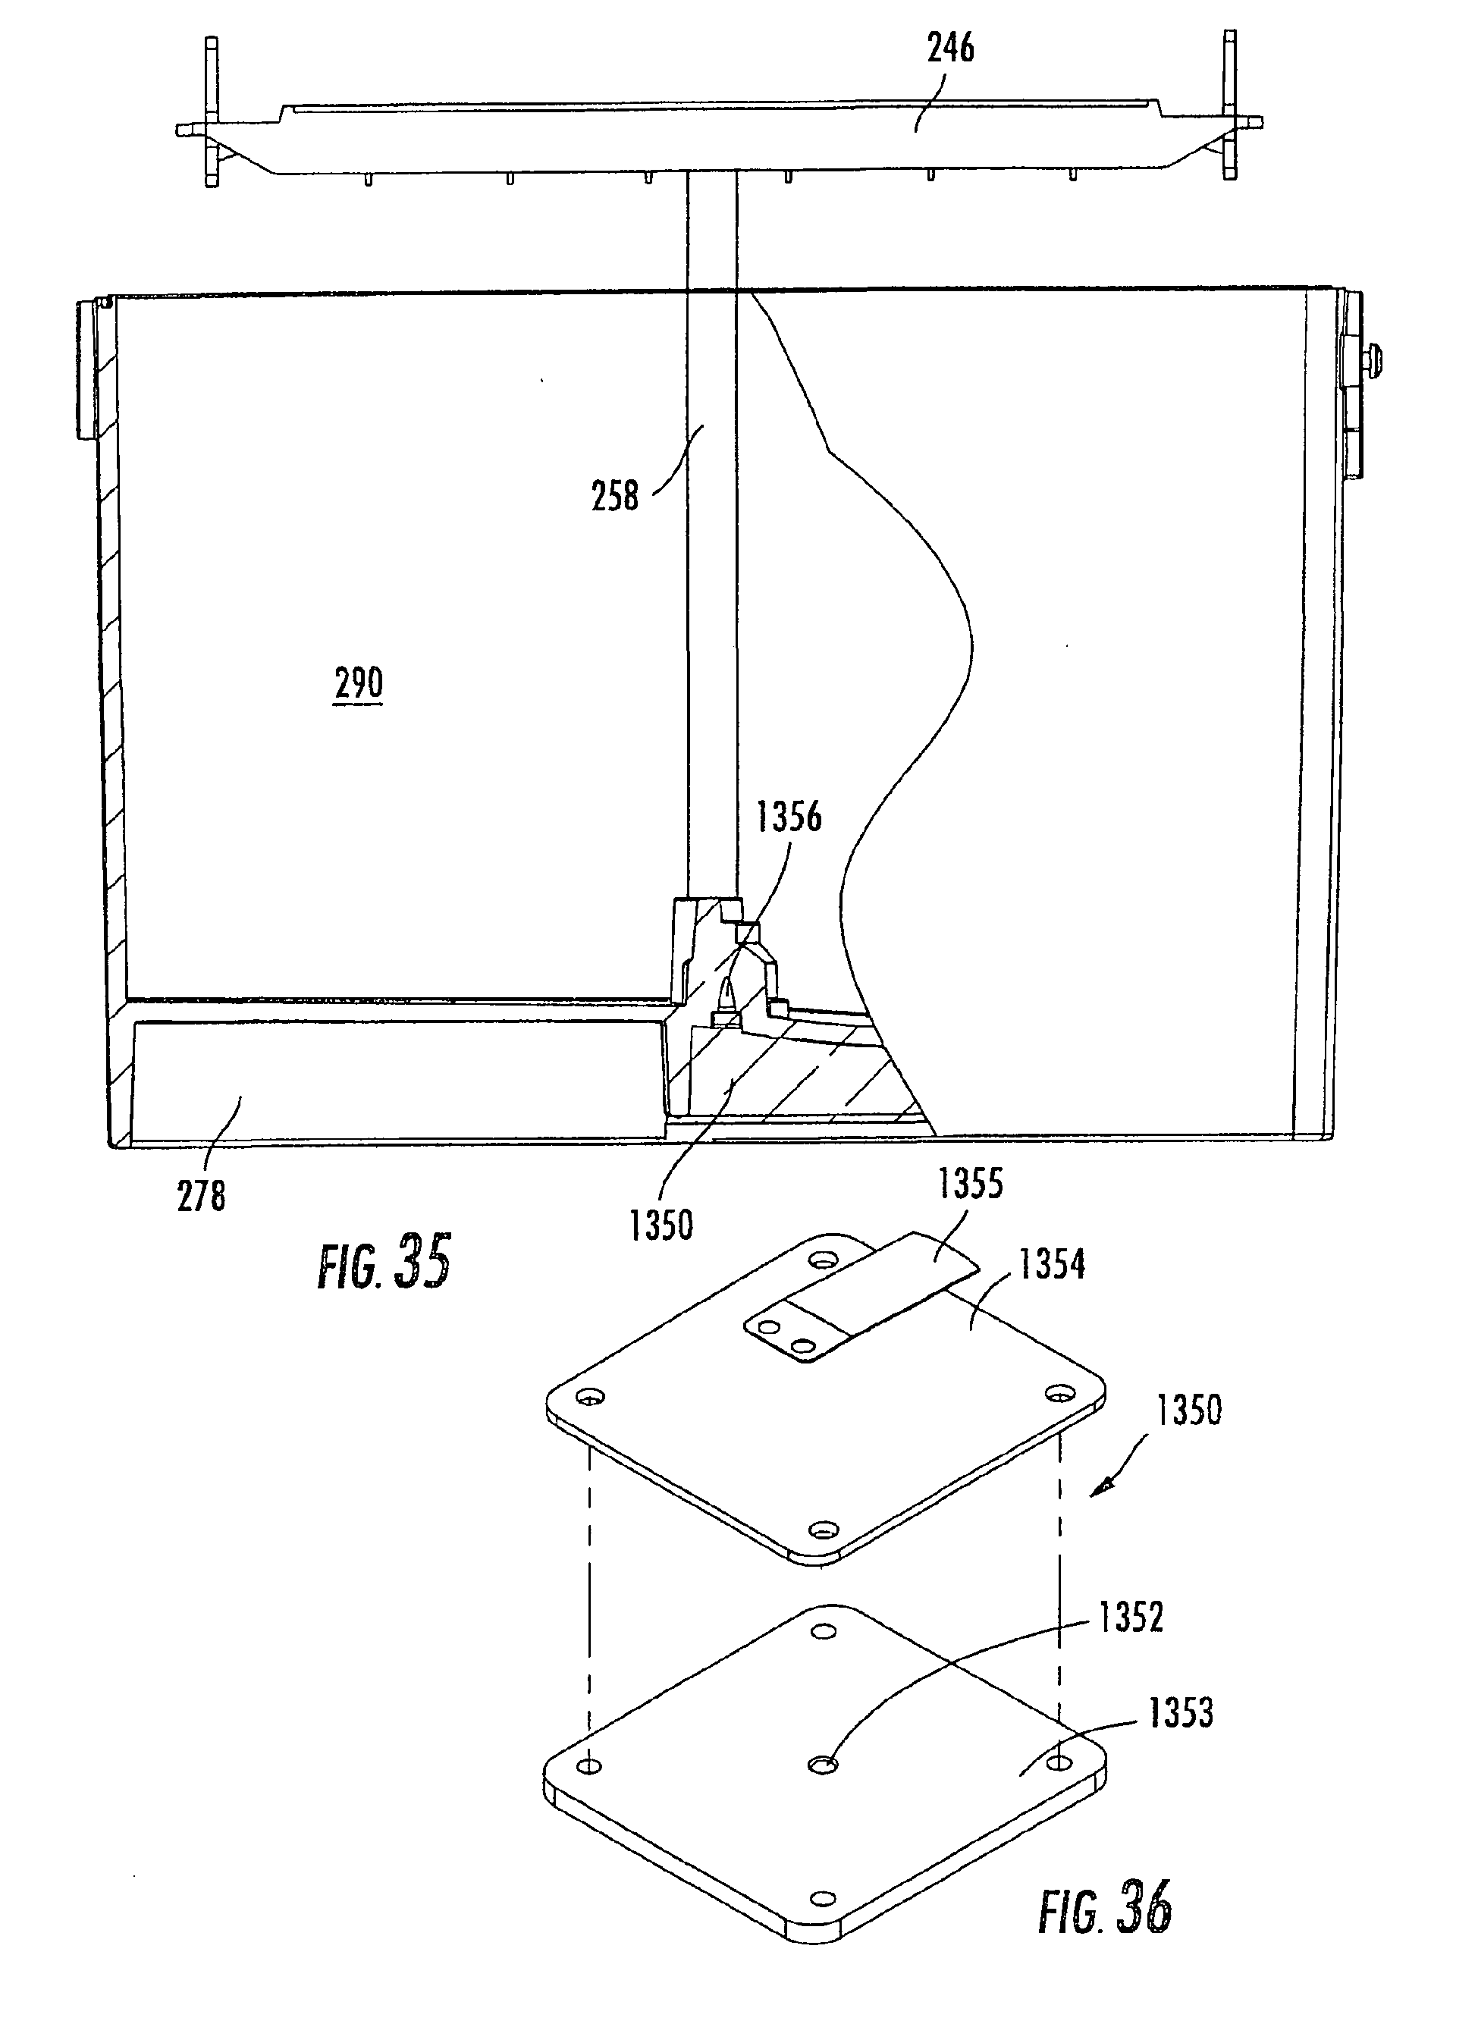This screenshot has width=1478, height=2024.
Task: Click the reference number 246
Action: tap(950, 49)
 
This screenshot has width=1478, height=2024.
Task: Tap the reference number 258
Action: tap(616, 496)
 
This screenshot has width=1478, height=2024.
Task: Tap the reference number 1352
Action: tap(1131, 1618)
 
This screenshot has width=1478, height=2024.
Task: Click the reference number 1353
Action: tap(1181, 1714)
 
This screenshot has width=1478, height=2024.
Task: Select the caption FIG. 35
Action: tap(384, 1263)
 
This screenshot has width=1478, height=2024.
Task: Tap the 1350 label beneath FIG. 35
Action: tap(661, 1226)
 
